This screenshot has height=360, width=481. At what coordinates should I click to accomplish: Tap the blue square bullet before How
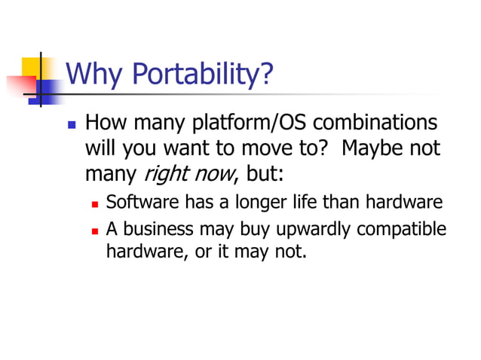(x=72, y=124)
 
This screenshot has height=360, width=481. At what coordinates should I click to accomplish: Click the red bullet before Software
(x=96, y=204)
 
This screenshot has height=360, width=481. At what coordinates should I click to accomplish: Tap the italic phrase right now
(x=188, y=175)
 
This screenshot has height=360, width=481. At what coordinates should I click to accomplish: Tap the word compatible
(x=401, y=230)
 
